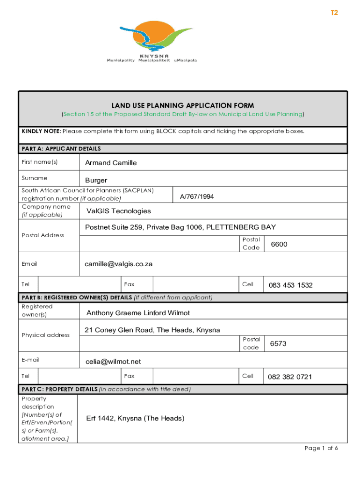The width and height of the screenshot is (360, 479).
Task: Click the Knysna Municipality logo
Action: [x=159, y=41]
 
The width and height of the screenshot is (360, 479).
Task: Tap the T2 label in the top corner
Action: [x=334, y=13]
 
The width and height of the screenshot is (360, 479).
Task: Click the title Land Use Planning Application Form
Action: [x=183, y=106]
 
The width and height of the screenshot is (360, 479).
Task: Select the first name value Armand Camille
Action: [x=111, y=163]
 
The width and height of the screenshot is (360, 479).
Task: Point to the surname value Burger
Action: [x=96, y=180]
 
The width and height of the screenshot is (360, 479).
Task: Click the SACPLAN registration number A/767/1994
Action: [x=197, y=196]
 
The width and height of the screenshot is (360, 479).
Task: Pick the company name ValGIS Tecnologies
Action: [x=119, y=211]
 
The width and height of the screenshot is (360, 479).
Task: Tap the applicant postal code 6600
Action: [x=279, y=244]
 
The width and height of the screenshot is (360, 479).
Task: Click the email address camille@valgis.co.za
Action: [x=119, y=264]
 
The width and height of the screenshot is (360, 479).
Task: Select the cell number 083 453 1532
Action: [x=290, y=285]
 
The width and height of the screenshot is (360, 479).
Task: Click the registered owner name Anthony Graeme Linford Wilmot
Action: [x=138, y=312]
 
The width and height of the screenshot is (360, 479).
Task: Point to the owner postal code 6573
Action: [x=278, y=343]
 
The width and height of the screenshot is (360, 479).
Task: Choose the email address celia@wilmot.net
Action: [x=113, y=362]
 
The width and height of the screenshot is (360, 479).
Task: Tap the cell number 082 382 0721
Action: [x=290, y=377]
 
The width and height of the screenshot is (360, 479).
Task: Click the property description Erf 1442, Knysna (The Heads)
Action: [x=135, y=418]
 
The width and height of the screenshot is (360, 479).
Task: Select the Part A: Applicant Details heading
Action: [x=61, y=149]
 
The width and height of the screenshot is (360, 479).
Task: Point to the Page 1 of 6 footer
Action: [x=321, y=448]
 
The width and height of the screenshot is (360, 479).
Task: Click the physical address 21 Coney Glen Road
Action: [x=152, y=330]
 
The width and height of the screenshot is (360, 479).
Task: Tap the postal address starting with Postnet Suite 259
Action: [x=180, y=227]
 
